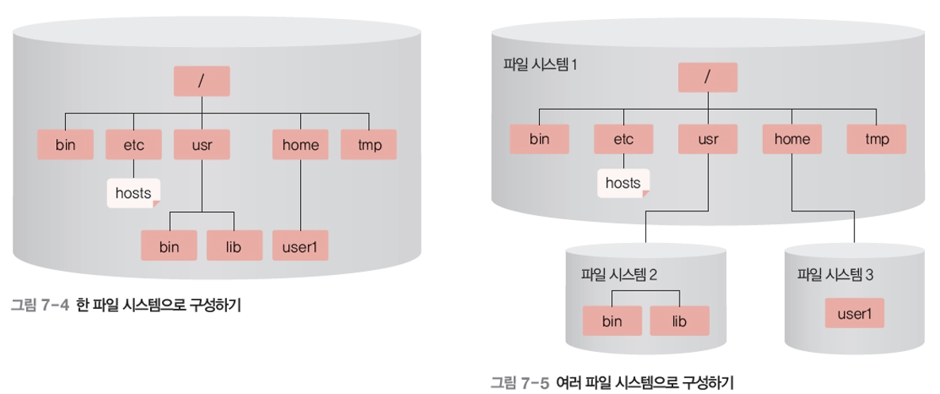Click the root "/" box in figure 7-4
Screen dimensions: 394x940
[202, 80]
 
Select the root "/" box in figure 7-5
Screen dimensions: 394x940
[707, 77]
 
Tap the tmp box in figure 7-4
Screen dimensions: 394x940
[368, 145]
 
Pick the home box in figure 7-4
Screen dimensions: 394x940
[301, 145]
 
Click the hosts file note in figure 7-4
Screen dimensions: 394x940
[133, 193]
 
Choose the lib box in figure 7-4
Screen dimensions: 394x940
[234, 246]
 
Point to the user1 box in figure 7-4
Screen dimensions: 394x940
[300, 246]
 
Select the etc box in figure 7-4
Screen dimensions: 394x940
[133, 145]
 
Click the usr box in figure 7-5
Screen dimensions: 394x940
[707, 139]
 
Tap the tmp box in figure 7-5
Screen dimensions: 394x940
[876, 139]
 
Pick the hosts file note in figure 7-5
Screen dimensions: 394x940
[623, 183]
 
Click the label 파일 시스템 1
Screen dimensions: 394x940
[540, 64]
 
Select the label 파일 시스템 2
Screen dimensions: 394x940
[618, 275]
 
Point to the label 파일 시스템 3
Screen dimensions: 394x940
[835, 275]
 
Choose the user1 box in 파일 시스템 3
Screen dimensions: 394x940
[854, 313]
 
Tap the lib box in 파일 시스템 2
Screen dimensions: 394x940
[679, 321]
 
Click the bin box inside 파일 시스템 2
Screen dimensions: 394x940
[611, 321]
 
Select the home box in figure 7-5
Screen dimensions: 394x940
[792, 139]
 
